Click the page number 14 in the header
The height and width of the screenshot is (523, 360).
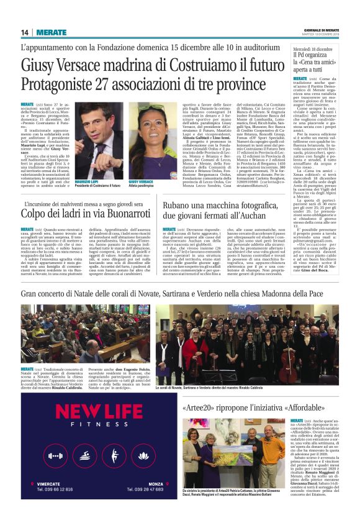[25, 32]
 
